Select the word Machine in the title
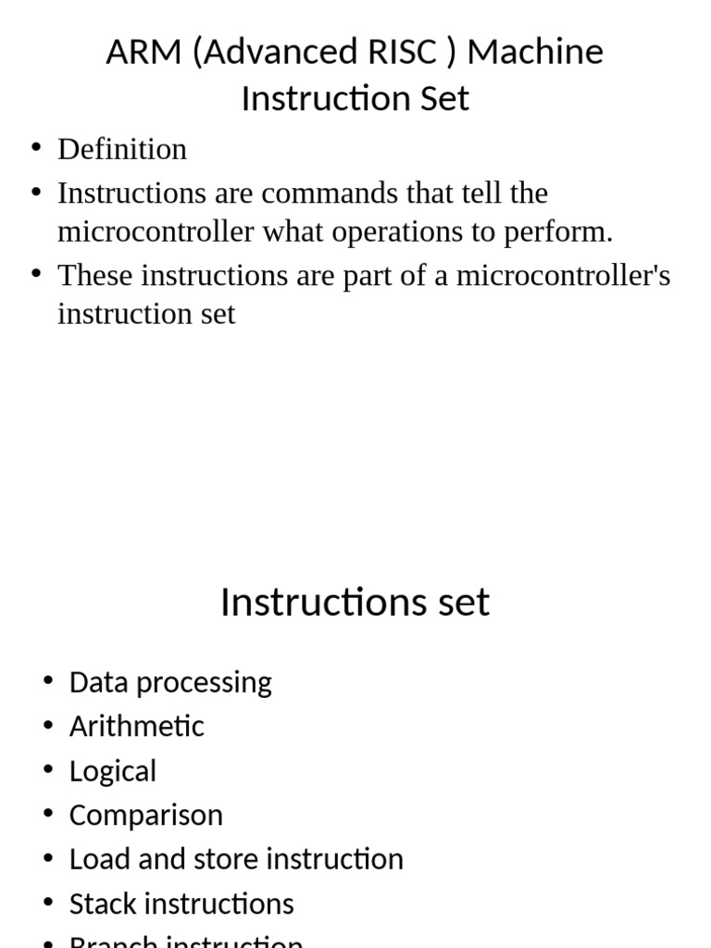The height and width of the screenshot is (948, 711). click(x=534, y=52)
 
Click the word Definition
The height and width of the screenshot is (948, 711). click(x=122, y=149)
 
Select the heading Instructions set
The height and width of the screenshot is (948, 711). click(x=355, y=603)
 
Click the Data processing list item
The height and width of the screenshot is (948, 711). click(x=170, y=682)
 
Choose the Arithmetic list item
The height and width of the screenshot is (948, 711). click(x=137, y=726)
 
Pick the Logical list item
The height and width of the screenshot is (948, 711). click(x=113, y=771)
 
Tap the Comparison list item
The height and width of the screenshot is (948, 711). click(x=146, y=816)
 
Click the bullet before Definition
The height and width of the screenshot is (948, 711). click(x=36, y=149)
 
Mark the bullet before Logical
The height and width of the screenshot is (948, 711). click(x=48, y=769)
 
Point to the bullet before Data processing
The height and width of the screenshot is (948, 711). click(x=48, y=681)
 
